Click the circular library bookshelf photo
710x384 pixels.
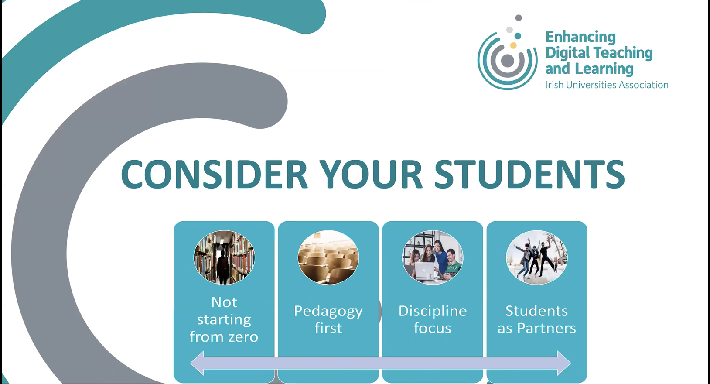click(x=224, y=257)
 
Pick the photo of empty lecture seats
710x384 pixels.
click(x=328, y=257)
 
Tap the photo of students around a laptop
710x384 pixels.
click(x=433, y=257)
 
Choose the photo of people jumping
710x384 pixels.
click(x=537, y=257)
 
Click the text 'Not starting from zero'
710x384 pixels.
click(x=224, y=319)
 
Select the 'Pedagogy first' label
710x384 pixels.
click(x=328, y=319)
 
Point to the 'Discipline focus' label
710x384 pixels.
click(x=433, y=319)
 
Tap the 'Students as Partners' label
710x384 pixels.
click(x=537, y=319)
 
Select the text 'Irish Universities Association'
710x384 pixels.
click(x=607, y=85)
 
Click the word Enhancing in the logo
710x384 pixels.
click(x=580, y=37)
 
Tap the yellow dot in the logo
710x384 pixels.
click(x=513, y=45)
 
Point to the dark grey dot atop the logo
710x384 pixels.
click(x=519, y=18)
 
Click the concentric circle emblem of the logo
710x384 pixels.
click(x=507, y=61)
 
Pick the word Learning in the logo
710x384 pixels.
click(x=604, y=69)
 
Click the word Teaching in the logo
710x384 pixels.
click(x=627, y=53)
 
